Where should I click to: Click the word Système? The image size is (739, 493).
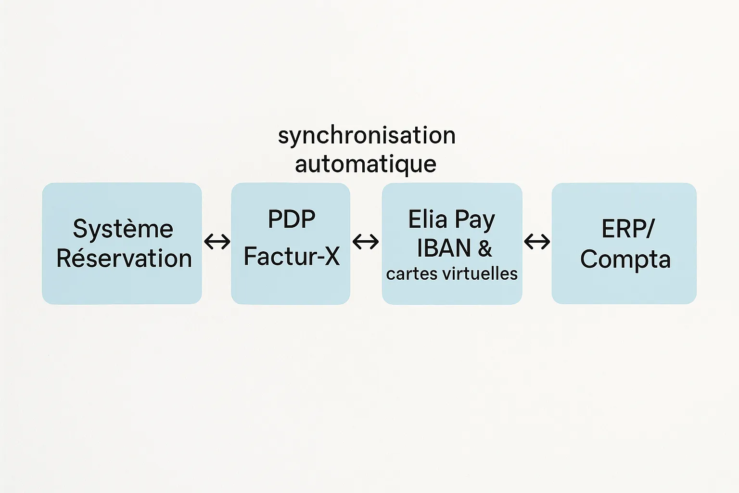pos(123,229)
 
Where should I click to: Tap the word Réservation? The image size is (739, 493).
pos(124,259)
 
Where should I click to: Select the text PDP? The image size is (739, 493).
pos(292,220)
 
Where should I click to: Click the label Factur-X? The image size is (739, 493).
pos(292,256)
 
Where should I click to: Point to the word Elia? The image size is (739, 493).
pos(428,220)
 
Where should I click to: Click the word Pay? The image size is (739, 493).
pos(475,221)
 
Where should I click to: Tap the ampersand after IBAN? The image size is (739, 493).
pos(485,248)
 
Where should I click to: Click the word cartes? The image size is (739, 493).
pos(411,274)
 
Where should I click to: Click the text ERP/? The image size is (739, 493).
pos(628,229)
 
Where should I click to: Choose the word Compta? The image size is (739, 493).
pos(625,259)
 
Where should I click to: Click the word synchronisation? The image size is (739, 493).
pos(367,135)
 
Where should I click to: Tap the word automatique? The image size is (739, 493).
pos(366,164)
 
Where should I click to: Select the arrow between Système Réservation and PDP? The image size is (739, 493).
pos(217,241)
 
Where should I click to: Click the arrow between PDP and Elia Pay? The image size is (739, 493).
pos(366,241)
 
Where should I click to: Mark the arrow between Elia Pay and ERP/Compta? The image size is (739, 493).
pos(537,241)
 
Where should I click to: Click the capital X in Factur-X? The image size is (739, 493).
pos(332,256)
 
